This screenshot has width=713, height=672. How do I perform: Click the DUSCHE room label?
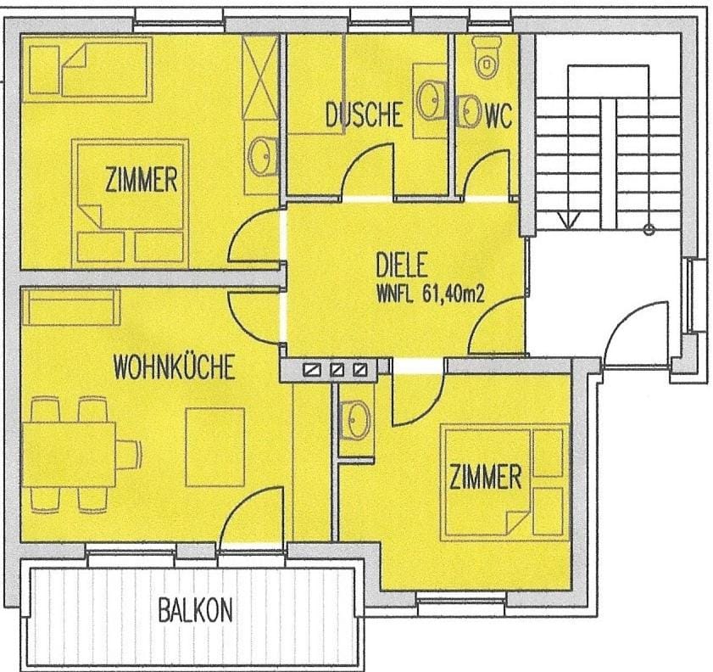pos(365,115)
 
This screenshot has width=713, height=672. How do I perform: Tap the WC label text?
pos(499,116)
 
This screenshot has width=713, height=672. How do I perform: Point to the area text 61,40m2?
pos(453,294)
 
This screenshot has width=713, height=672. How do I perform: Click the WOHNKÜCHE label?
pos(175,367)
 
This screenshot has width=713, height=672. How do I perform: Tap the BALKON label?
pos(195,610)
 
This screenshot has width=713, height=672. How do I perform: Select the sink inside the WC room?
pos(468,110)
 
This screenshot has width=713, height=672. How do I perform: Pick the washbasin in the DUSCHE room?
pos(429,100)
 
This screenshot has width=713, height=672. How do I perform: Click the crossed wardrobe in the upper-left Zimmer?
pos(259,77)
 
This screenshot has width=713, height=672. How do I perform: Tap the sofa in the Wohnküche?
pos(71,307)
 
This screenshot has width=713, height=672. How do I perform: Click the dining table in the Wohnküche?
pos(69,455)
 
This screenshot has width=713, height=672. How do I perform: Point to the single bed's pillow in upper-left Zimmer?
pos(45,70)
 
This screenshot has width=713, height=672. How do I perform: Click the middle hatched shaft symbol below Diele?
pos(337,369)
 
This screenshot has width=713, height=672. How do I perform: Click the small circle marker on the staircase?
pos(649,230)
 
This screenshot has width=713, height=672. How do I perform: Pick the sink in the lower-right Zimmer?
pos(355,420)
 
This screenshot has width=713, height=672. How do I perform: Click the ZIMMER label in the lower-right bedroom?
pos(486,477)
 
